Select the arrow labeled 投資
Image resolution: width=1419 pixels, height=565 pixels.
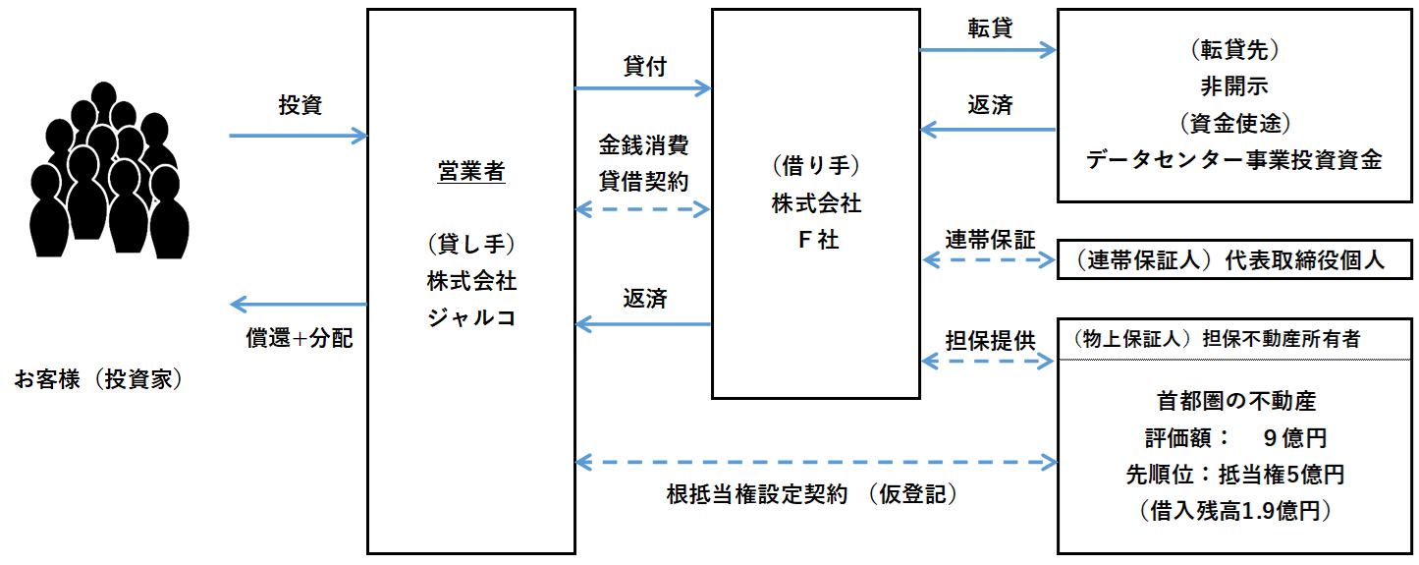click(298, 136)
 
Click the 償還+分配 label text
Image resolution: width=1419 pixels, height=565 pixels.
click(299, 338)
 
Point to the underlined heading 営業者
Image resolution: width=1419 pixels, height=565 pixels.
click(470, 172)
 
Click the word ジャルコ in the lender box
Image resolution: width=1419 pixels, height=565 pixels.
click(470, 317)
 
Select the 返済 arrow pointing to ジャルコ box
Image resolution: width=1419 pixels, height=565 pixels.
click(643, 323)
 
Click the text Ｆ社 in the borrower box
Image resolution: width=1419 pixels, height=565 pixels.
click(816, 239)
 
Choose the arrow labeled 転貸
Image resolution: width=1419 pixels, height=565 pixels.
click(987, 49)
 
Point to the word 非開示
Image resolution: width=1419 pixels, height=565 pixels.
click(1233, 85)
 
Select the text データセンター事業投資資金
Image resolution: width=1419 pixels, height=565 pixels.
click(1233, 160)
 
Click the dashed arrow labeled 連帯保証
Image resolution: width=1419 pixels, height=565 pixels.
click(987, 260)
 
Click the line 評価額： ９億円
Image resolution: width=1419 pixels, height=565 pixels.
click(1235, 438)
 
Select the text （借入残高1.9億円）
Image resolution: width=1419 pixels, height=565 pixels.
click(1235, 511)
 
